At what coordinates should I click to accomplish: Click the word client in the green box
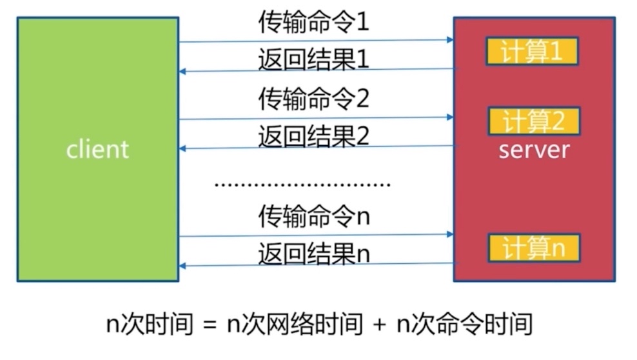(x=97, y=149)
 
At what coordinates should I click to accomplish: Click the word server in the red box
(x=534, y=150)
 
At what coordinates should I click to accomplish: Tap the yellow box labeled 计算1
(x=532, y=52)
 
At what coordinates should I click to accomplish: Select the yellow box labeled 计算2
(x=534, y=121)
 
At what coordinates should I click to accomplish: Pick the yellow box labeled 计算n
(x=534, y=248)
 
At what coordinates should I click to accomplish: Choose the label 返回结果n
(x=313, y=253)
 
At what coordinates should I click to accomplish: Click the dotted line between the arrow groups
(x=302, y=185)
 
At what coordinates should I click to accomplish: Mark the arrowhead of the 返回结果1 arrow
(x=183, y=71)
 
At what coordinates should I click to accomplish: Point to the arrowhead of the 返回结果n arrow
(x=183, y=266)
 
